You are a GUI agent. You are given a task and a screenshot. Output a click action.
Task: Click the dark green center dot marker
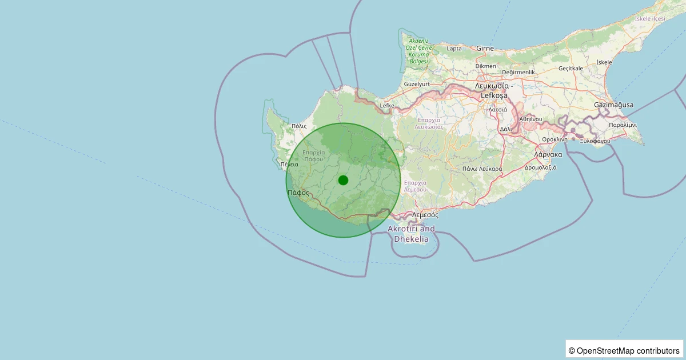(x=343, y=180)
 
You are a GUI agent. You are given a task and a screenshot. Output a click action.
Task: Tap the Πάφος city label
(x=298, y=193)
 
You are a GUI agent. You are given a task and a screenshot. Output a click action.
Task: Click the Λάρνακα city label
(x=548, y=154)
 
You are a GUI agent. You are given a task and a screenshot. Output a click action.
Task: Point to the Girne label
(x=485, y=49)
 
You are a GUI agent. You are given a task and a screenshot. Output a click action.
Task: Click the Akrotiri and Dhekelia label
(x=411, y=234)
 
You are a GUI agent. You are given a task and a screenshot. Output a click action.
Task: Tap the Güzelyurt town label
(x=417, y=84)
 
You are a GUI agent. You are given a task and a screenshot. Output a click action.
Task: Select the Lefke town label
(x=387, y=106)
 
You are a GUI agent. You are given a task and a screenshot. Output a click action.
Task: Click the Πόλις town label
(x=299, y=126)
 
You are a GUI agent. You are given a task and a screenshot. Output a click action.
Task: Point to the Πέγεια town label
(x=289, y=165)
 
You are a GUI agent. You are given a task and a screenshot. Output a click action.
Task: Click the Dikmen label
(x=486, y=66)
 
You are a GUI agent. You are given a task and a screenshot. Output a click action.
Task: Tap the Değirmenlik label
(x=518, y=73)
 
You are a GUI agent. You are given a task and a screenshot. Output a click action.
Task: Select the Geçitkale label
(x=571, y=68)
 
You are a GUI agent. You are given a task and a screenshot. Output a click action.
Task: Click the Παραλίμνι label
(x=623, y=125)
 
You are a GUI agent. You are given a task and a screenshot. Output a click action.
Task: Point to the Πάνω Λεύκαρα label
(x=482, y=169)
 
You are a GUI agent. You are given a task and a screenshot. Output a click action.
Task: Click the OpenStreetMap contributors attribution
(x=624, y=350)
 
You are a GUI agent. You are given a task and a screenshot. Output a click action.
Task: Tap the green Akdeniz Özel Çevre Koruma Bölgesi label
(x=417, y=51)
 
